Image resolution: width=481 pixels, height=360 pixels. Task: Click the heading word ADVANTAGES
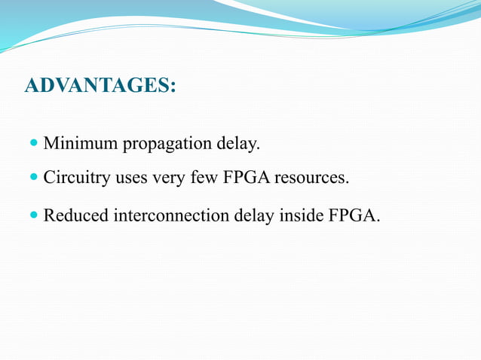97,85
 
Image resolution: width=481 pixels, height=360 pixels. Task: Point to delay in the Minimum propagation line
237,142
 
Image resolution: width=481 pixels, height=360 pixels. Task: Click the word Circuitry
78,178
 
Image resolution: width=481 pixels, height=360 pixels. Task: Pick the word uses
133,179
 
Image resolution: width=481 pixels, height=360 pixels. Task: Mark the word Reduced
75,215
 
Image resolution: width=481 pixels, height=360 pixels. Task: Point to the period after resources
348,183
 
